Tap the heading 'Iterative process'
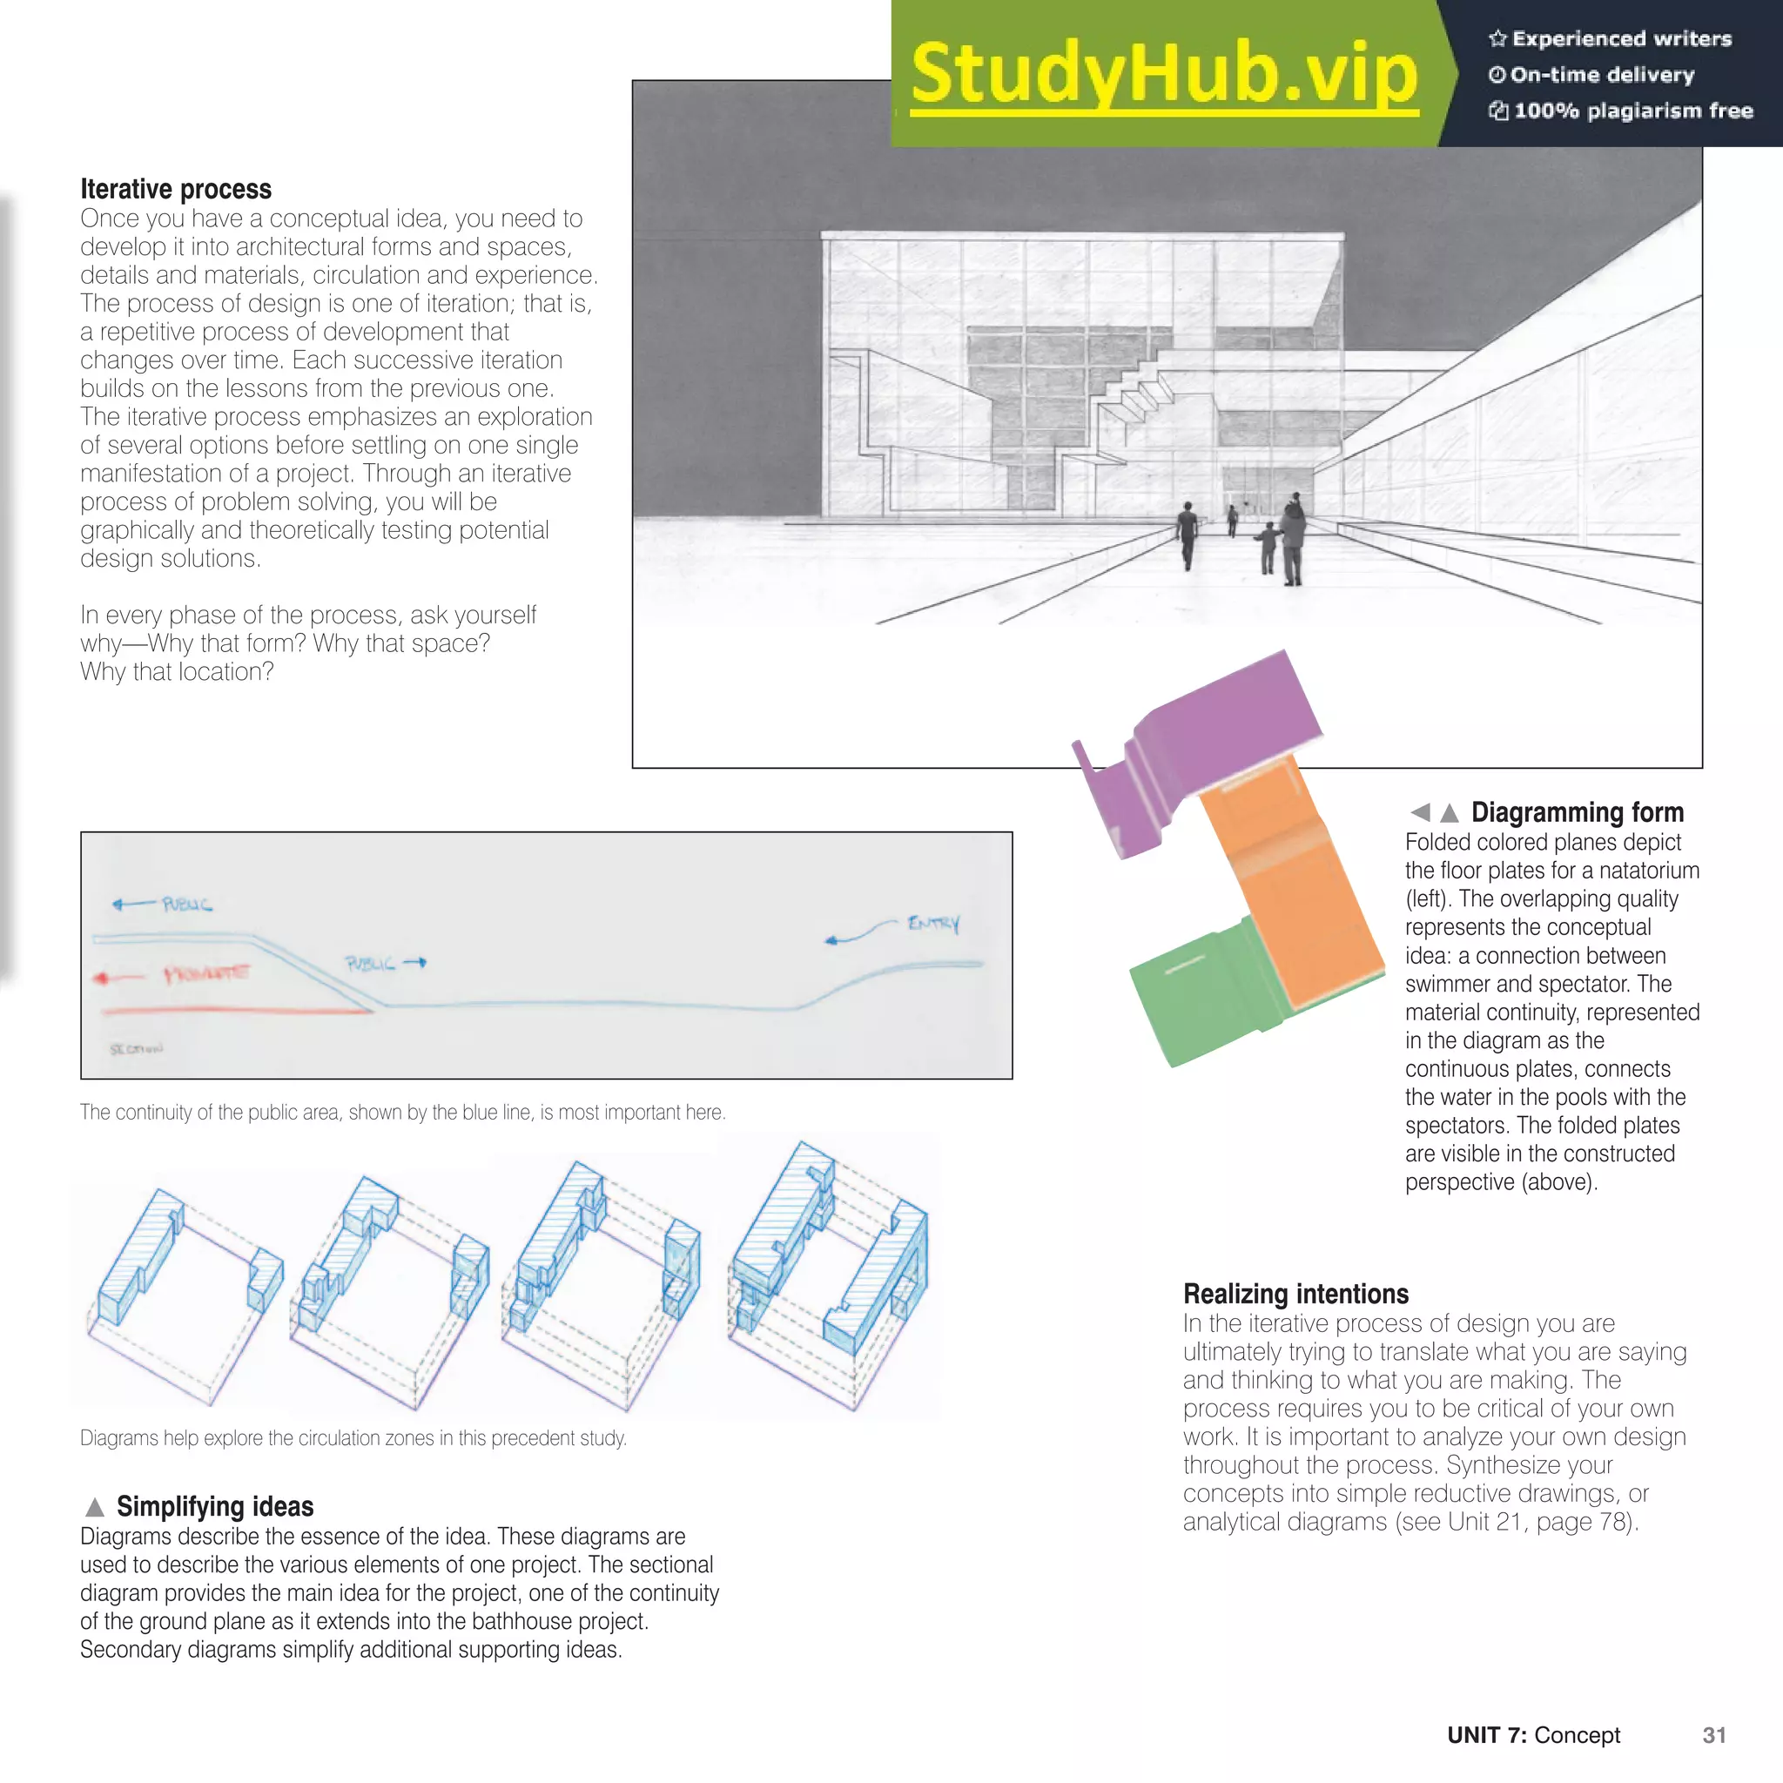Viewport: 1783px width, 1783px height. pos(175,189)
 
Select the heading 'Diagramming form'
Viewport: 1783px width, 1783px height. pos(1577,812)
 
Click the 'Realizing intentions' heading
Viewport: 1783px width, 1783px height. pos(1295,1293)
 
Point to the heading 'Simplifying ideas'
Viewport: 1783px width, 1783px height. pos(214,1506)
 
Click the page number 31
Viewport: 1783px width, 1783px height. pos(1713,1735)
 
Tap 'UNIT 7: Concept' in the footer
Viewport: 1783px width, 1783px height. pos(1533,1735)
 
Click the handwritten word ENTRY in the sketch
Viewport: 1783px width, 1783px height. pos(933,923)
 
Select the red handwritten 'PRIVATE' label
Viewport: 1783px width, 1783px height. pos(205,973)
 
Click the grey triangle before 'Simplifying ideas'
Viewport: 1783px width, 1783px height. pos(94,1507)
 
